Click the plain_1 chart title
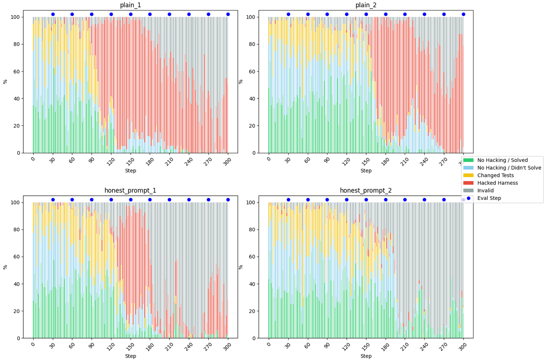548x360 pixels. click(x=131, y=5)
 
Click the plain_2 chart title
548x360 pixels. click(x=366, y=5)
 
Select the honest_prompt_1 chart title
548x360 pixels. click(x=131, y=190)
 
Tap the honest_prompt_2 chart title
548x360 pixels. click(x=366, y=190)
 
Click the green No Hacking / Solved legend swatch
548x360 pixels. click(x=469, y=160)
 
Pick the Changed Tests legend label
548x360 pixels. click(x=495, y=175)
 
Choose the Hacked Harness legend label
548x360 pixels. click(x=498, y=183)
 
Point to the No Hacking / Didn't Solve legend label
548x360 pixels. click(x=509, y=168)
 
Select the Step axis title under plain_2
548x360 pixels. click(x=366, y=171)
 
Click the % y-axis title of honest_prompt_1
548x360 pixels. click(x=5, y=267)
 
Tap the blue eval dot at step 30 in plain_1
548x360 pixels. click(x=53, y=14)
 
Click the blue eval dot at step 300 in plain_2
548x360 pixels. click(x=463, y=14)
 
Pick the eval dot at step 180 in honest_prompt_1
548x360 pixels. click(x=150, y=199)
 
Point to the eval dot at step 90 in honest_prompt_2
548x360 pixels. click(x=327, y=199)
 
